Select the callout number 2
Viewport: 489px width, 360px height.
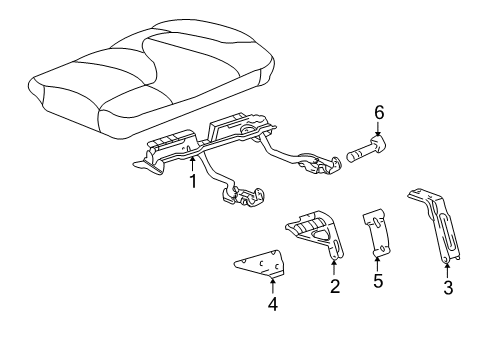coord(335,287)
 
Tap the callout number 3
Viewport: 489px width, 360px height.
coord(448,288)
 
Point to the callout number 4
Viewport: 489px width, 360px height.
coord(272,303)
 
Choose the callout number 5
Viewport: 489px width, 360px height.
coord(378,281)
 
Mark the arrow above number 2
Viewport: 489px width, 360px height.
coord(335,267)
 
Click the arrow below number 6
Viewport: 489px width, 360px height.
coord(379,134)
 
